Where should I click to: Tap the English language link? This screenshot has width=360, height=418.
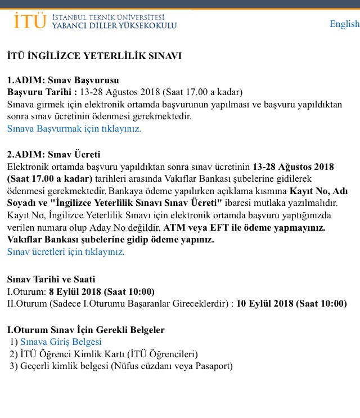[344, 24]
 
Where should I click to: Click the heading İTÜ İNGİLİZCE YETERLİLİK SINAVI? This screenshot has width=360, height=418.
[94, 56]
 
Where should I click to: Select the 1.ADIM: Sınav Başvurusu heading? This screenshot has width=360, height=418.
[63, 80]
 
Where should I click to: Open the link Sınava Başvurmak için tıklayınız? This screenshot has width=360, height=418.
[74, 128]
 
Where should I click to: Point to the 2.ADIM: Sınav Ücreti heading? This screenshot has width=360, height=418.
[53, 154]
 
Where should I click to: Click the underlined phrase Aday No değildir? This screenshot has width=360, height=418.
[125, 228]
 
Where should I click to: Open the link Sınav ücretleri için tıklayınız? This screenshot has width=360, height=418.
[66, 251]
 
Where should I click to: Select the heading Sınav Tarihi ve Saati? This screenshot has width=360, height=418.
[51, 279]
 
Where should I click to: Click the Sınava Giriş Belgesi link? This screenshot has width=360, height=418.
[61, 341]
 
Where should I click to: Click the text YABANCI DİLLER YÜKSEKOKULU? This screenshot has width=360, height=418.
[114, 26]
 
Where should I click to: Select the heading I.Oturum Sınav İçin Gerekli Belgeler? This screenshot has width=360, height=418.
[85, 330]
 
